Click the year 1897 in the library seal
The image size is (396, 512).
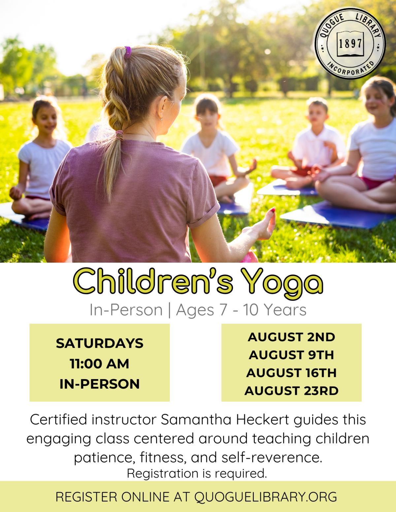[x=350, y=44]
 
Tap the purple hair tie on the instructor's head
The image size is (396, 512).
[x=128, y=52]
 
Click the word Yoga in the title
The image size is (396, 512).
[x=282, y=282]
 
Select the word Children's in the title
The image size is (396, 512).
[x=153, y=281]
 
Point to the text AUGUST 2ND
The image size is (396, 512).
[x=291, y=337]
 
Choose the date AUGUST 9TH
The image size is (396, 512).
[x=291, y=355]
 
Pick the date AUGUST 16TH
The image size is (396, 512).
[x=291, y=373]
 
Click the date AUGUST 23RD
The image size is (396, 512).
[x=291, y=391]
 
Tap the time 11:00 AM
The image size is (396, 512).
[x=99, y=364]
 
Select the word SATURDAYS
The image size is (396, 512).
[x=100, y=344]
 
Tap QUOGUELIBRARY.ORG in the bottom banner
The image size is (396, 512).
[x=266, y=497]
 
